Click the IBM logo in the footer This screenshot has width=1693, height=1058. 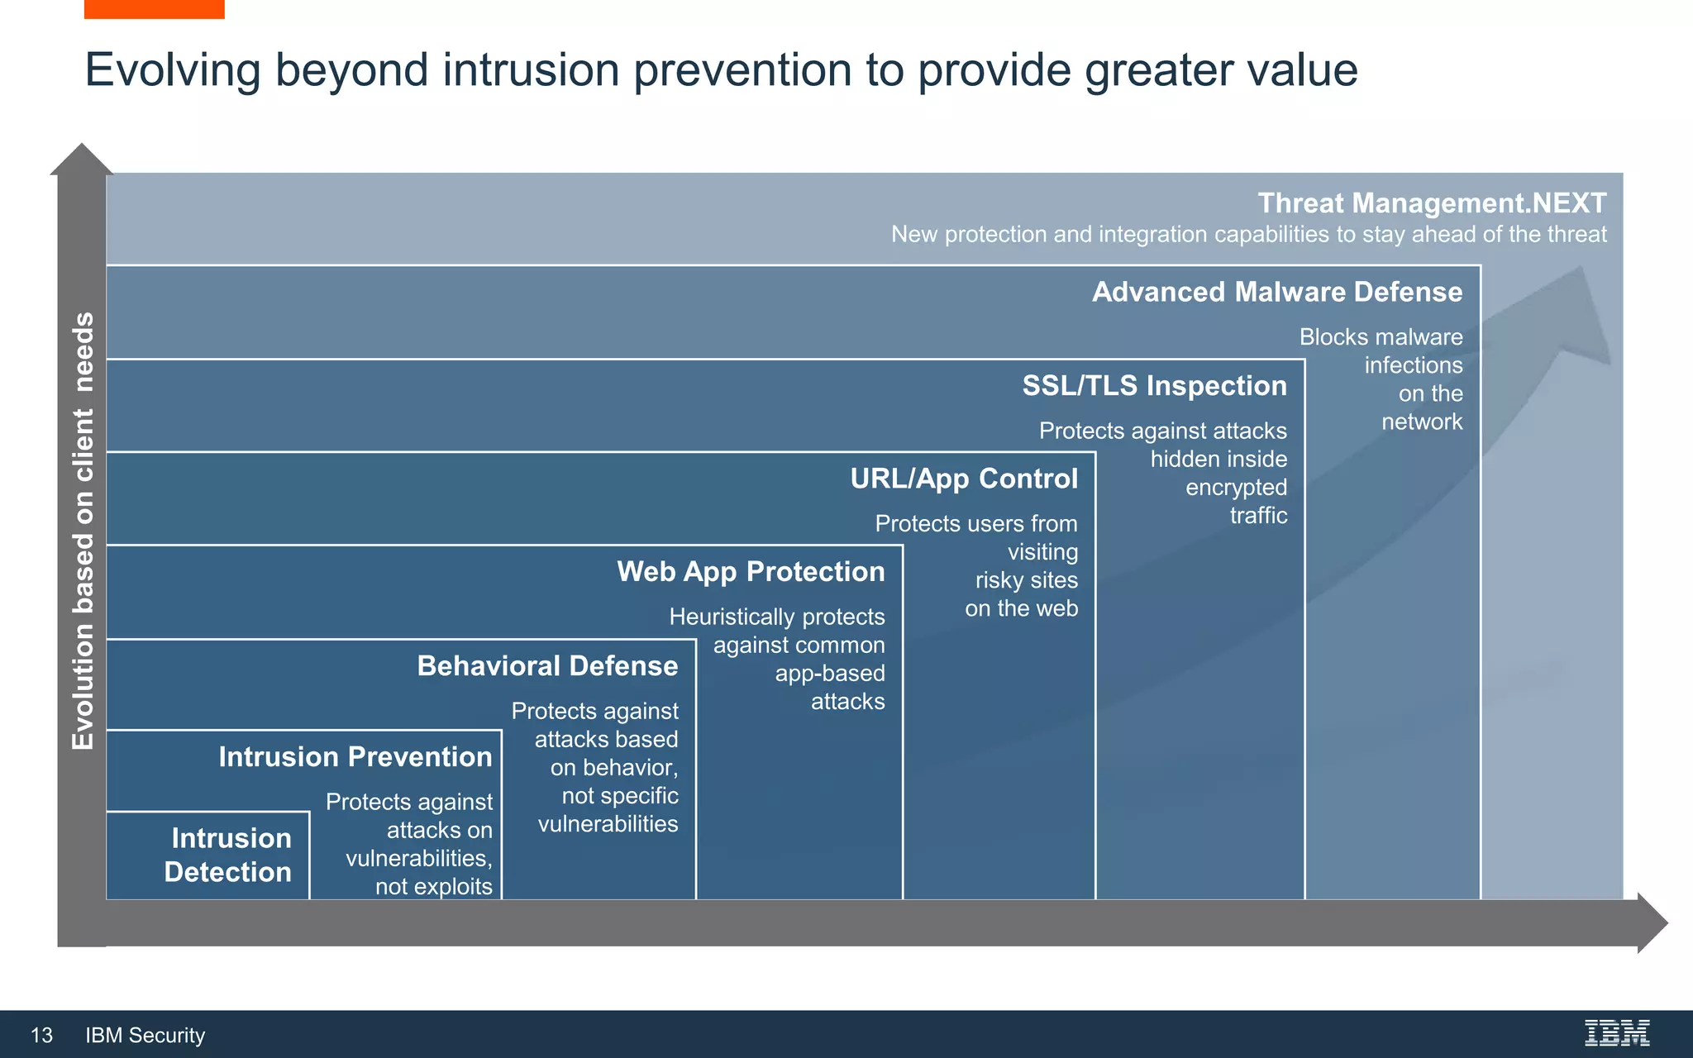coord(1616,1033)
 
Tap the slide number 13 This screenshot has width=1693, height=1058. coord(41,1035)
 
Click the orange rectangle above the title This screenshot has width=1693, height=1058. coord(154,9)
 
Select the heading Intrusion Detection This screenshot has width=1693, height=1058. coord(228,855)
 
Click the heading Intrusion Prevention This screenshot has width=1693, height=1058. coord(355,756)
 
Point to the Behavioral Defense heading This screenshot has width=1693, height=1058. coord(547,665)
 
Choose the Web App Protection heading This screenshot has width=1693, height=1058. coord(751,571)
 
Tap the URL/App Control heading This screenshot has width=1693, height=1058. coord(964,478)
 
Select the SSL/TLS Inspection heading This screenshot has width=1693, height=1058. coord(1154,385)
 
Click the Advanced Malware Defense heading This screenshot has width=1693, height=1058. coord(1277,292)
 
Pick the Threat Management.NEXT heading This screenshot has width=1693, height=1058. coord(1432,203)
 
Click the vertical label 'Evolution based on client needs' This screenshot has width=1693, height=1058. coord(83,531)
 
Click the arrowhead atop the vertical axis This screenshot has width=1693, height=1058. coord(81,160)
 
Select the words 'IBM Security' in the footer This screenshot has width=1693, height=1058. coord(145,1035)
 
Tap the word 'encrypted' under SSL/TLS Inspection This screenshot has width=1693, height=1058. coord(1236,487)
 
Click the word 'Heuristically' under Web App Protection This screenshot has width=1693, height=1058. coord(722,617)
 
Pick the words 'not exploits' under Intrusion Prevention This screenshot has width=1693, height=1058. coord(433,886)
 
